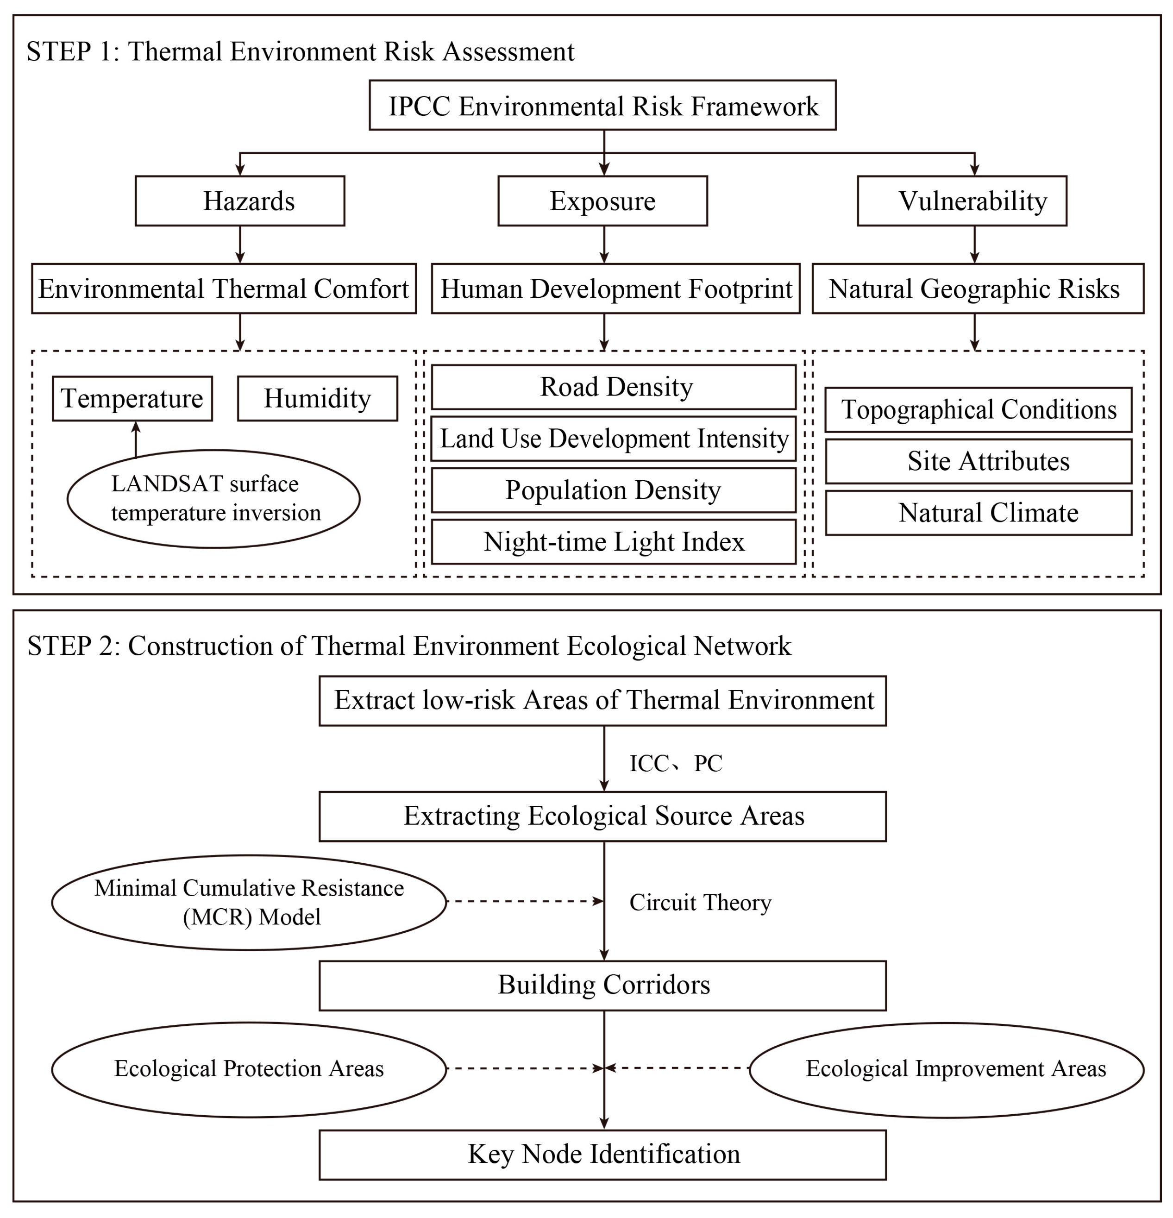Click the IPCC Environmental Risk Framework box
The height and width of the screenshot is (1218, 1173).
pyautogui.click(x=602, y=105)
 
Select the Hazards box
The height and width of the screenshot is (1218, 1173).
pyautogui.click(x=240, y=201)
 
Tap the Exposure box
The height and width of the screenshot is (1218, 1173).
pyautogui.click(x=602, y=201)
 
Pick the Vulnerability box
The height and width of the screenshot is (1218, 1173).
pyautogui.click(x=961, y=201)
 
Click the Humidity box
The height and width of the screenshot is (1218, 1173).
pyautogui.click(x=317, y=398)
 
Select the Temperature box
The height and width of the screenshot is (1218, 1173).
pyautogui.click(x=132, y=398)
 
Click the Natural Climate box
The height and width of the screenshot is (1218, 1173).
pyautogui.click(x=978, y=513)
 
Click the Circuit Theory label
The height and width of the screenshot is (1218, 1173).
pyautogui.click(x=700, y=902)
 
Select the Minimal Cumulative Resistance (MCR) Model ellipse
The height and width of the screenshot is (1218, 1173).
pyautogui.click(x=249, y=902)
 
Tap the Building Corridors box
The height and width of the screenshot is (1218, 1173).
pyautogui.click(x=602, y=985)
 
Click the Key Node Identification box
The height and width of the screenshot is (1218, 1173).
pyautogui.click(x=602, y=1154)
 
